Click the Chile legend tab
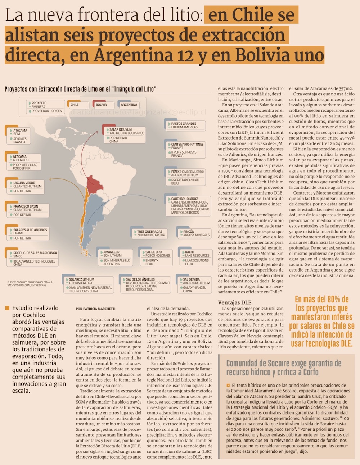[x=78, y=105]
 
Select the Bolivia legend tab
[x=103, y=105]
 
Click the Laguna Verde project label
[x=24, y=183]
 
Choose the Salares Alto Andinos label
[x=30, y=230]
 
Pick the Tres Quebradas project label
[x=150, y=232]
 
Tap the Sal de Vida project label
[x=191, y=279]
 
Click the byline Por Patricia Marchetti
[x=95, y=309]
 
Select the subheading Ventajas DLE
[x=235, y=302]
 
